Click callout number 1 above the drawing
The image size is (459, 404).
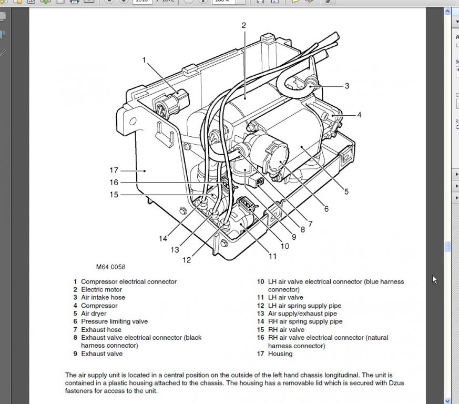pos(144,60)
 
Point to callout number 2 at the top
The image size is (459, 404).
pos(244,25)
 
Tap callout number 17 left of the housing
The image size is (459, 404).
pos(114,170)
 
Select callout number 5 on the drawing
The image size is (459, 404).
pos(346,192)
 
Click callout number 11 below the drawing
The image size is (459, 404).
pos(272,257)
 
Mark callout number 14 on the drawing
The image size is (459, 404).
pos(163,239)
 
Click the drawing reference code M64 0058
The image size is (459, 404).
pos(110,267)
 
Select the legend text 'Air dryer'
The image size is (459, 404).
pos(94,314)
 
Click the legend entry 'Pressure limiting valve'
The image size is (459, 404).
pos(114,321)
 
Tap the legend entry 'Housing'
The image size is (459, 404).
pos(280,353)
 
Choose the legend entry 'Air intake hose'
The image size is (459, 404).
pos(103,297)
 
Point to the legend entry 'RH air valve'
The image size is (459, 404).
pos(286,330)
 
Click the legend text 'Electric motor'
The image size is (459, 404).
pos(101,289)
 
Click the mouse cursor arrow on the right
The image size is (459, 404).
pos(435,279)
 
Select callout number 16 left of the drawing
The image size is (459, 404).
pos(114,183)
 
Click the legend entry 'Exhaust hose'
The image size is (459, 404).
pos(101,329)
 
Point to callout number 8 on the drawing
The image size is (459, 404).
pos(302,230)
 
